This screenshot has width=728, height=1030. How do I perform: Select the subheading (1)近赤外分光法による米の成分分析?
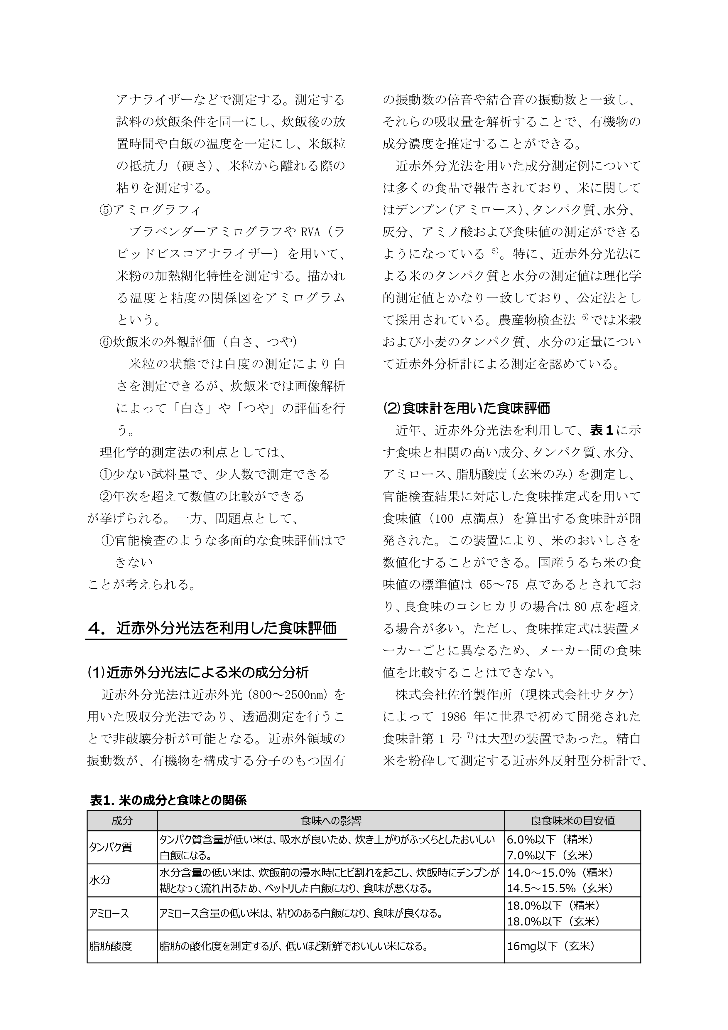[x=198, y=673]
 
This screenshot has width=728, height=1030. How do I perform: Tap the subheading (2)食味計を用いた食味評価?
[x=466, y=408]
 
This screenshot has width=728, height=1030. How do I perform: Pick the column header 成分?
[x=122, y=821]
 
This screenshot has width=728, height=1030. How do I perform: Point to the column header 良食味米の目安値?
[x=572, y=821]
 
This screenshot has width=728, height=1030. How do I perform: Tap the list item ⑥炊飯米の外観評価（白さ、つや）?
[x=198, y=342]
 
